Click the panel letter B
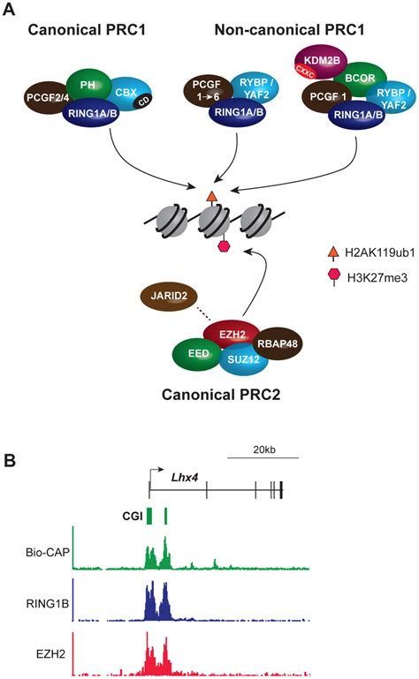[x=11, y=460]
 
